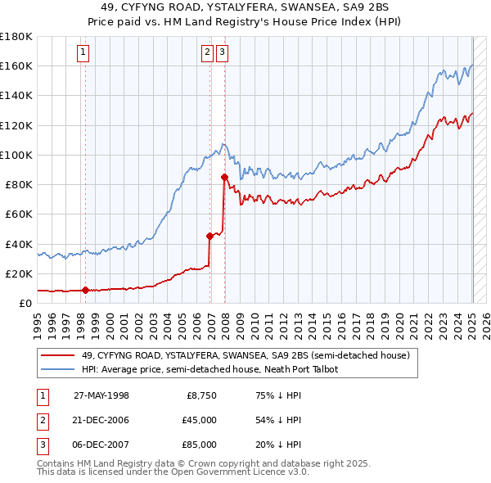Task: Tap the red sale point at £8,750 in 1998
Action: [85, 289]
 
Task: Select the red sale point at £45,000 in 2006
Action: [209, 236]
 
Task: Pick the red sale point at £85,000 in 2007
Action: [224, 176]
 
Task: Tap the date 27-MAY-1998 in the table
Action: [101, 395]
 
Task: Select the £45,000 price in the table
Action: [199, 420]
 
